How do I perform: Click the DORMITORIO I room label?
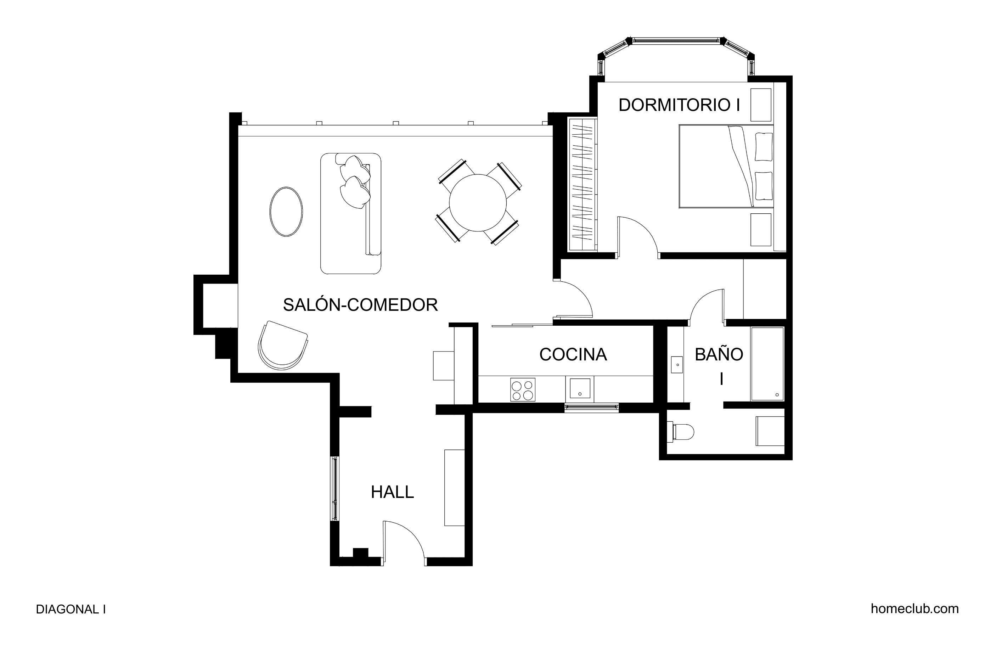click(679, 105)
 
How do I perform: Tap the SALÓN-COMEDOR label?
click(360, 305)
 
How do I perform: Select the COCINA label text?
click(573, 354)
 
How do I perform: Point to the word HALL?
click(392, 492)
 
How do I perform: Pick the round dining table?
click(478, 203)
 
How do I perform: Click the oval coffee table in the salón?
click(286, 212)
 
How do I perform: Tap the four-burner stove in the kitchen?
click(522, 390)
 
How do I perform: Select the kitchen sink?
click(579, 389)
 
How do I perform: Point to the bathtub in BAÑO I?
click(767, 364)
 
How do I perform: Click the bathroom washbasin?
click(677, 365)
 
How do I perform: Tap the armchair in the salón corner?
click(283, 346)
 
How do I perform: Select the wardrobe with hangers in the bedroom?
click(583, 185)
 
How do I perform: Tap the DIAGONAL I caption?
click(71, 609)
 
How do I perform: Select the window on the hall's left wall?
click(335, 489)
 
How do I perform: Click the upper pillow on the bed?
click(764, 146)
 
